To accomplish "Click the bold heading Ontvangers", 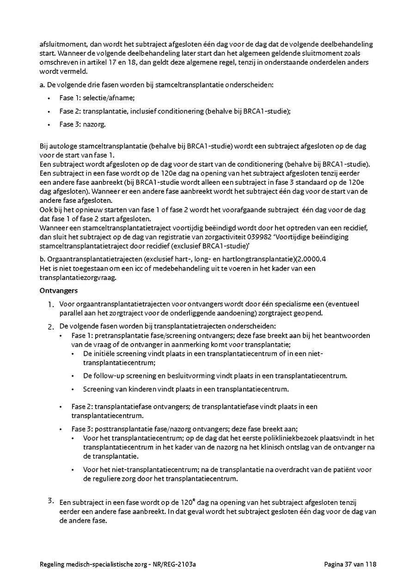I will tap(58, 291).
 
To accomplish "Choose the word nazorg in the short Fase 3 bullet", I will tap(96, 124).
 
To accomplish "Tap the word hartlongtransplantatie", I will tap(260, 259).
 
